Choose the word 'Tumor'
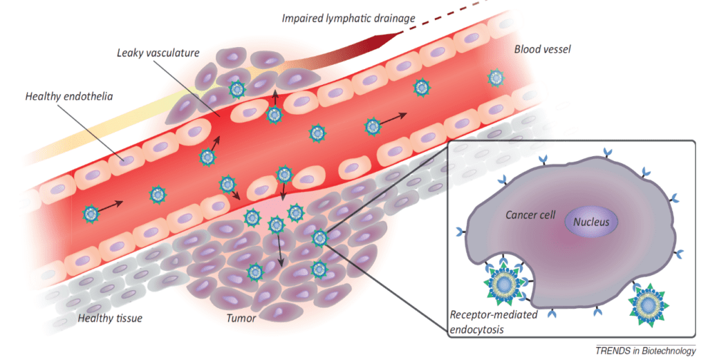(x=243, y=319)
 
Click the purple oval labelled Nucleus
(x=591, y=222)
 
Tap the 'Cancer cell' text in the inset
(x=530, y=215)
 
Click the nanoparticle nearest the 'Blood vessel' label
(x=495, y=77)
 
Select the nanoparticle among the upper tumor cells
(x=237, y=89)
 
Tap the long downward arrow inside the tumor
(x=279, y=249)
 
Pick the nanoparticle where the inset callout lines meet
(x=319, y=238)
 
